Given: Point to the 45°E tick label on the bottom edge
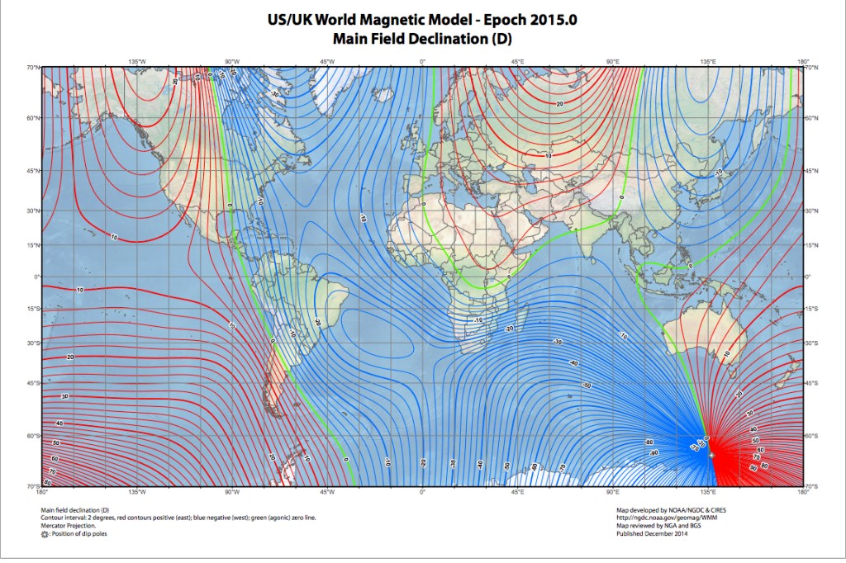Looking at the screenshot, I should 517,492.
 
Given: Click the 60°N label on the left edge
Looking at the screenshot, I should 33,118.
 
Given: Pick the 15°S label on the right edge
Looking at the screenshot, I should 812,310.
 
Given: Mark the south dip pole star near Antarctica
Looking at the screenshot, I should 711,456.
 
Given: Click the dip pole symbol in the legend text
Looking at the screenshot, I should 45,534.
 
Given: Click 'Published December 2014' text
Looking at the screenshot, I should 653,534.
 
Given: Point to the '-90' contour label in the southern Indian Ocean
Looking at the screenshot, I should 654,453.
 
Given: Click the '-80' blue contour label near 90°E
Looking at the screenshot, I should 649,442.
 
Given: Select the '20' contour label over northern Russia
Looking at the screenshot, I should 559,104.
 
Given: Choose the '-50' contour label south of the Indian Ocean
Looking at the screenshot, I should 587,386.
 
